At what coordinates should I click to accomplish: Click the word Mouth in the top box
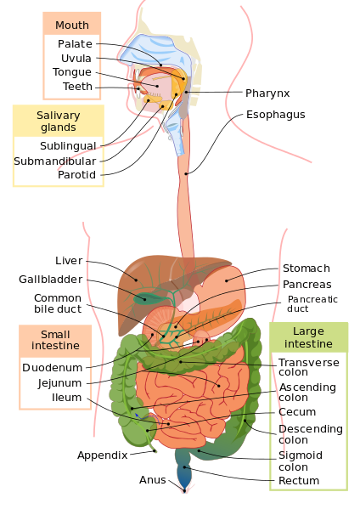72,25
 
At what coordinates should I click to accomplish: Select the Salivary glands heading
58,122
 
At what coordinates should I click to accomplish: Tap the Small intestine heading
55,340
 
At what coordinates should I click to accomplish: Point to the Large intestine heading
308,337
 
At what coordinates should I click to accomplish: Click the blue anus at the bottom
184,479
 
